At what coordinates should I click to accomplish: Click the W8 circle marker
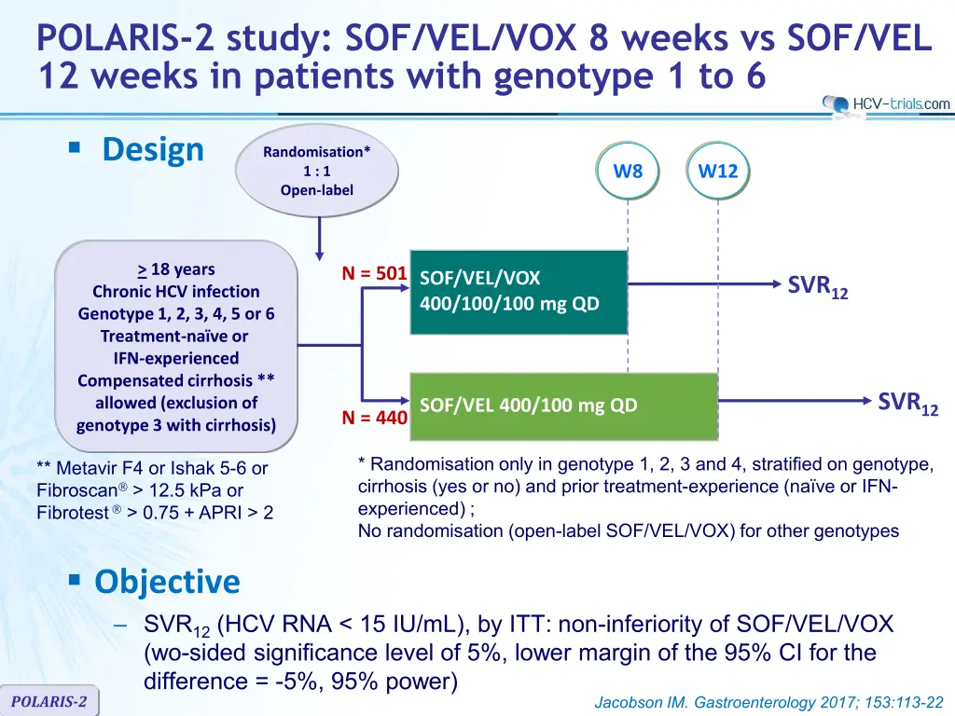[628, 171]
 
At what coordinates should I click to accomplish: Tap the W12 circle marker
[717, 171]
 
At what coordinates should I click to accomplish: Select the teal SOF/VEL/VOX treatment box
[519, 292]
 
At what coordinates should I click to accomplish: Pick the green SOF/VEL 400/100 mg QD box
[564, 406]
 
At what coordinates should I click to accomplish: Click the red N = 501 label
[374, 273]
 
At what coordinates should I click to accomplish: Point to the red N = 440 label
[374, 418]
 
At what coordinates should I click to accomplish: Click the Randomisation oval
[317, 171]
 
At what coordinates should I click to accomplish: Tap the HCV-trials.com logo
[886, 103]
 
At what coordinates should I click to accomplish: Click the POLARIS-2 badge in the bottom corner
[48, 701]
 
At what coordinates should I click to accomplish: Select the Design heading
[153, 150]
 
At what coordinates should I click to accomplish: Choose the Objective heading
[168, 582]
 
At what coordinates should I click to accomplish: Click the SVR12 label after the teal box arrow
[817, 286]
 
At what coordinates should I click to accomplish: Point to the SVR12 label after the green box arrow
[907, 403]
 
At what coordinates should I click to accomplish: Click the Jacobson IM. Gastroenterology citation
[768, 703]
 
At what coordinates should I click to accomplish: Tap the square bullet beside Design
[75, 146]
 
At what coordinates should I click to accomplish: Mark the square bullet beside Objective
[75, 579]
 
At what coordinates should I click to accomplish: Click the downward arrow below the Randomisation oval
[319, 240]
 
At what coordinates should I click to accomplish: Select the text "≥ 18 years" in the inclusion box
[176, 269]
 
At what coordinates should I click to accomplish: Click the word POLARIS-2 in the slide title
[126, 37]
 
